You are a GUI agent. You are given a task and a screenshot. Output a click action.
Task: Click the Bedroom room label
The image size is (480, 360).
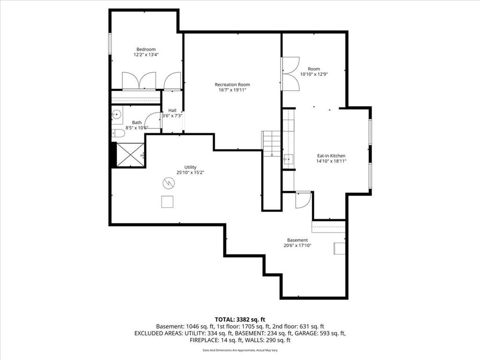146,49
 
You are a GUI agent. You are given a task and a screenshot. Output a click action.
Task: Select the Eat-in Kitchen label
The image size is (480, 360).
331,156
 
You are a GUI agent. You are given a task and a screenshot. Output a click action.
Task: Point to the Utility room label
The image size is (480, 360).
190,167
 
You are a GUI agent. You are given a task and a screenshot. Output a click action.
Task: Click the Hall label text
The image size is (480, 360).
172,110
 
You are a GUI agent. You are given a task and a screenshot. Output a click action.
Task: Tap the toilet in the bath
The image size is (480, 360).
118,134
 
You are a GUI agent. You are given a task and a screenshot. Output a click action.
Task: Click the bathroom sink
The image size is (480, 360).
117,113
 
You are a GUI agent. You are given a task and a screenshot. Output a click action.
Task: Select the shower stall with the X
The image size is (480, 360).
130,155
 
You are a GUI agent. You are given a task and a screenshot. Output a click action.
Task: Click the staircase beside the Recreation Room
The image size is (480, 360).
271,143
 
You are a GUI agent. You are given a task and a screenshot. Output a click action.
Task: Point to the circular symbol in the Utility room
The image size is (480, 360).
168,182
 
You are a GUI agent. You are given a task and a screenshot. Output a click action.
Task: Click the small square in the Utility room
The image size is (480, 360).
167,202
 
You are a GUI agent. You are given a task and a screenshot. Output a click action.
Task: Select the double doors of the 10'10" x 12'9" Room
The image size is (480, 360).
291,74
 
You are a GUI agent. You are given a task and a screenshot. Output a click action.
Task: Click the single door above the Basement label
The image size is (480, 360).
303,200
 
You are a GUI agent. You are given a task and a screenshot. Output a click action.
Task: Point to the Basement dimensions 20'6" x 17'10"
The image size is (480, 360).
297,245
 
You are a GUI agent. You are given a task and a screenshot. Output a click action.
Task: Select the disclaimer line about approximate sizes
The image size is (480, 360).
240,350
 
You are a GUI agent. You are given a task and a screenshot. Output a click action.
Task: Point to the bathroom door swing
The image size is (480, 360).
152,121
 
